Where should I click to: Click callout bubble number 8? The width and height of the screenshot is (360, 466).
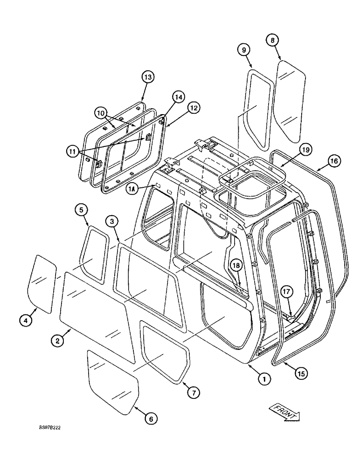(x=273, y=40)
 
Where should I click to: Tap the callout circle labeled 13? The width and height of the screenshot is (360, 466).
(x=148, y=77)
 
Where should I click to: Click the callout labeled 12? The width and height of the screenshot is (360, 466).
(x=194, y=108)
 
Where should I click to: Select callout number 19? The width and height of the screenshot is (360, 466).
(x=305, y=150)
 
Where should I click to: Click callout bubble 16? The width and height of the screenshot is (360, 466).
(x=334, y=161)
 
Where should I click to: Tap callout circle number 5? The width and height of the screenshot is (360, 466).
(x=82, y=211)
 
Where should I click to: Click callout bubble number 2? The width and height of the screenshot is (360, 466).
(x=57, y=341)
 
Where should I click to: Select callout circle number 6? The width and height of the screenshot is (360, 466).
(x=150, y=418)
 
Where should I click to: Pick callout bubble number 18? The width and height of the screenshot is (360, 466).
(x=236, y=266)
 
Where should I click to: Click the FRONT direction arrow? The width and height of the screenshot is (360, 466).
(x=284, y=412)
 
